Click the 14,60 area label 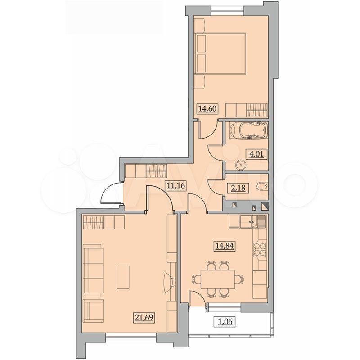pyautogui.click(x=207, y=108)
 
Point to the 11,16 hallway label pyautogui.click(x=175, y=185)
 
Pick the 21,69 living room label pyautogui.click(x=144, y=318)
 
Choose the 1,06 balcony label pyautogui.click(x=225, y=322)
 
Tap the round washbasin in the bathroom pyautogui.click(x=240, y=164)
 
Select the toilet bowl pyautogui.click(x=261, y=186)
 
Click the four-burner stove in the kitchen pyautogui.click(x=260, y=250)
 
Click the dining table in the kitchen pyautogui.click(x=218, y=279)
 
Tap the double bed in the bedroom pyautogui.click(x=220, y=54)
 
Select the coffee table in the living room pyautogui.click(x=123, y=277)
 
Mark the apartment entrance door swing pyautogui.click(x=110, y=193)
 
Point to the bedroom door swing pyautogui.click(x=208, y=129)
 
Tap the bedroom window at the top pyautogui.click(x=227, y=9)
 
